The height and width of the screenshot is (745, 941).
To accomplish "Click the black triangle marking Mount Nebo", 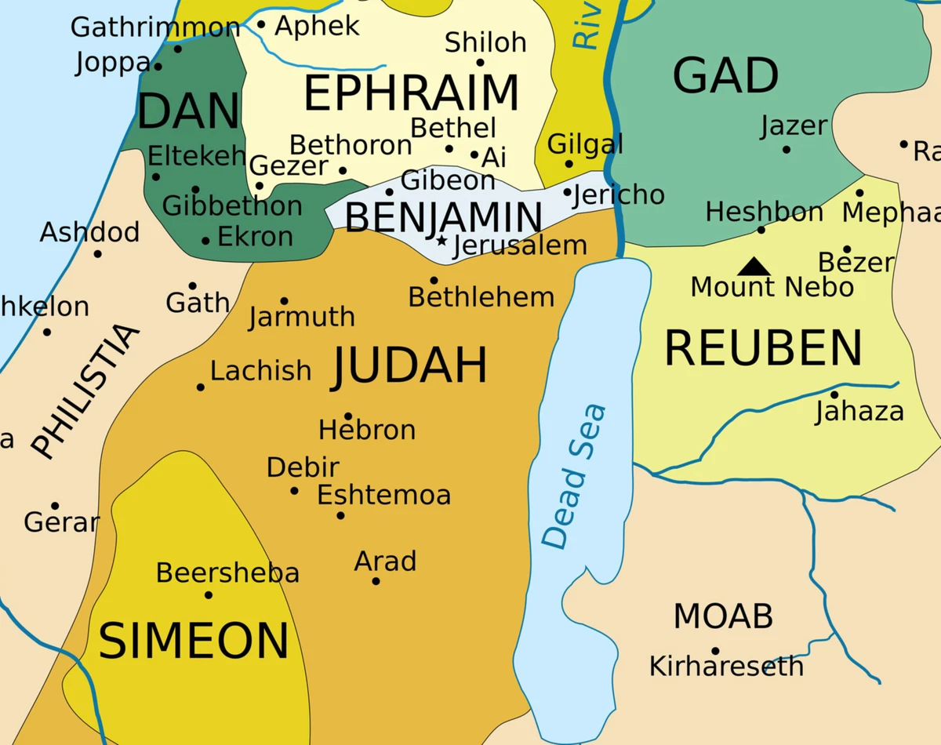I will [x=753, y=267].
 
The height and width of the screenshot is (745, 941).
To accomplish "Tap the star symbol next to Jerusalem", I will [x=441, y=241].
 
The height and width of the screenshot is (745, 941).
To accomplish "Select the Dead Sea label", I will [x=574, y=476].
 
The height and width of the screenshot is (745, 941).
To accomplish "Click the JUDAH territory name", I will [x=409, y=366].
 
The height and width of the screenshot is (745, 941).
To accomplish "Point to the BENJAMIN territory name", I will [x=443, y=217].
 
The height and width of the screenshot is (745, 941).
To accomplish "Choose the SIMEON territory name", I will [x=193, y=640].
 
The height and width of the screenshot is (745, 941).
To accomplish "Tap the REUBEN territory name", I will [x=763, y=348].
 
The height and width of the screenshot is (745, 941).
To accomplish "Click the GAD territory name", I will [x=725, y=76].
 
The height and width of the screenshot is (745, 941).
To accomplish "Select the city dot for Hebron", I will [x=348, y=416].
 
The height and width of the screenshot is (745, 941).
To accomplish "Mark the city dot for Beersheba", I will [x=209, y=594].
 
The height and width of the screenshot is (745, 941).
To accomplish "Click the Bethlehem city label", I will [x=481, y=297].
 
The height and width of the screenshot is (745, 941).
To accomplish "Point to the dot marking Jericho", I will [x=567, y=192].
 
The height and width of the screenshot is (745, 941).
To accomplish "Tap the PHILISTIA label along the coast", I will [x=85, y=390].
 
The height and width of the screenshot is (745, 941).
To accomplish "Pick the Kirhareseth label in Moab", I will [x=726, y=667].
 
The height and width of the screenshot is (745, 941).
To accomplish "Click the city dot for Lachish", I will [x=201, y=387].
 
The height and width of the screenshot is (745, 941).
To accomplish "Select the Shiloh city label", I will [x=485, y=42].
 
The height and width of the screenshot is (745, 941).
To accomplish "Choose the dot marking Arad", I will [x=376, y=581].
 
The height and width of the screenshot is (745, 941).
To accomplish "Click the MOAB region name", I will [x=723, y=616].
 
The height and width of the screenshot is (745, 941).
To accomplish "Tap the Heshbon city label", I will [x=764, y=212].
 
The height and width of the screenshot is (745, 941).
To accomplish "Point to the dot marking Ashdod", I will [x=97, y=253].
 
